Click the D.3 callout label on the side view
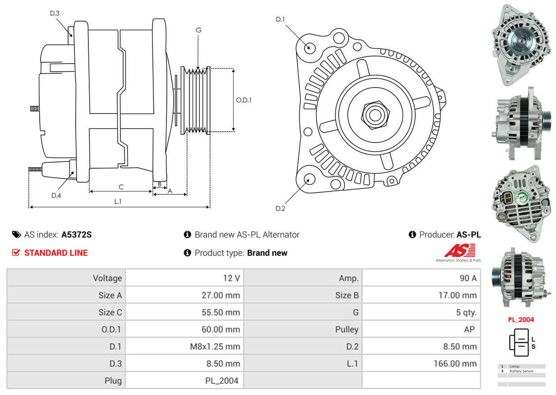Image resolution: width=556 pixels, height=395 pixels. pos(55,13)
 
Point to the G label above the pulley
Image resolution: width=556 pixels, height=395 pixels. pos(198,30)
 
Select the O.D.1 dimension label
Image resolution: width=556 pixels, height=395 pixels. pos(244,100)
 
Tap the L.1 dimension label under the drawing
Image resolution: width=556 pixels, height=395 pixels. pos(118,202)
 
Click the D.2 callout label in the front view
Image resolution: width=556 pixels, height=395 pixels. pos(280,208)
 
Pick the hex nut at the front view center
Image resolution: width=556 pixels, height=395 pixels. pos(375,115)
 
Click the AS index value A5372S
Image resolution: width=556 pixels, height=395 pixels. pos(77,234)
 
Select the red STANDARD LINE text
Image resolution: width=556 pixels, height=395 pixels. pos(56,253)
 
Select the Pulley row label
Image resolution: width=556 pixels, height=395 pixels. pos(347,330)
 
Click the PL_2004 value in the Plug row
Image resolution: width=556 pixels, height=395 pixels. pos(222,381)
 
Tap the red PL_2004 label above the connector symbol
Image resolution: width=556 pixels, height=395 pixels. pos(521,320)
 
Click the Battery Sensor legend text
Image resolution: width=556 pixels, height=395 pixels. pos(521,371)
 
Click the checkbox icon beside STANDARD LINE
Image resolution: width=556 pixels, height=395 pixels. pos(16,253)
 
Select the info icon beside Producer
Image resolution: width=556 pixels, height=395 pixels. pos(412,234)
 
